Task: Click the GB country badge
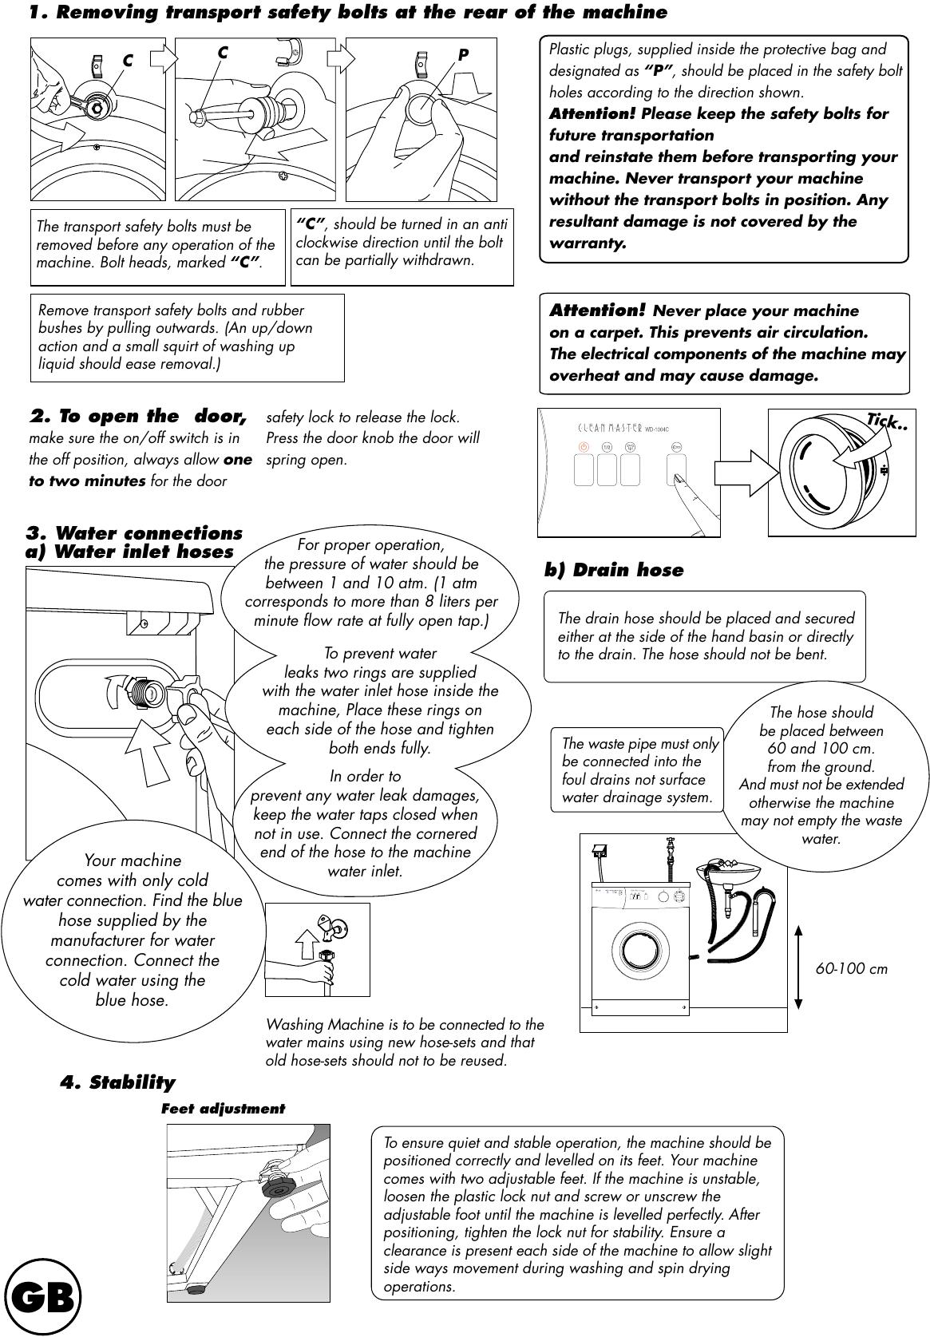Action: click(43, 1297)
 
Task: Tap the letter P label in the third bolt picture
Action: click(463, 56)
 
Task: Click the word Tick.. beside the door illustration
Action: click(887, 422)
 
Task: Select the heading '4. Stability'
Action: click(117, 1082)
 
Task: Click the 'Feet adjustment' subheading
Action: click(223, 1109)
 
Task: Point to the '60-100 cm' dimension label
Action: click(851, 969)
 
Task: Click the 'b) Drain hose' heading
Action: click(613, 570)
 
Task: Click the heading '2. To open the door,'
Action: click(137, 417)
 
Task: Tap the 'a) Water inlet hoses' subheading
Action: click(129, 552)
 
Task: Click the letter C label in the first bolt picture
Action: click(128, 61)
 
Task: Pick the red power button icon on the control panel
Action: click(584, 449)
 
